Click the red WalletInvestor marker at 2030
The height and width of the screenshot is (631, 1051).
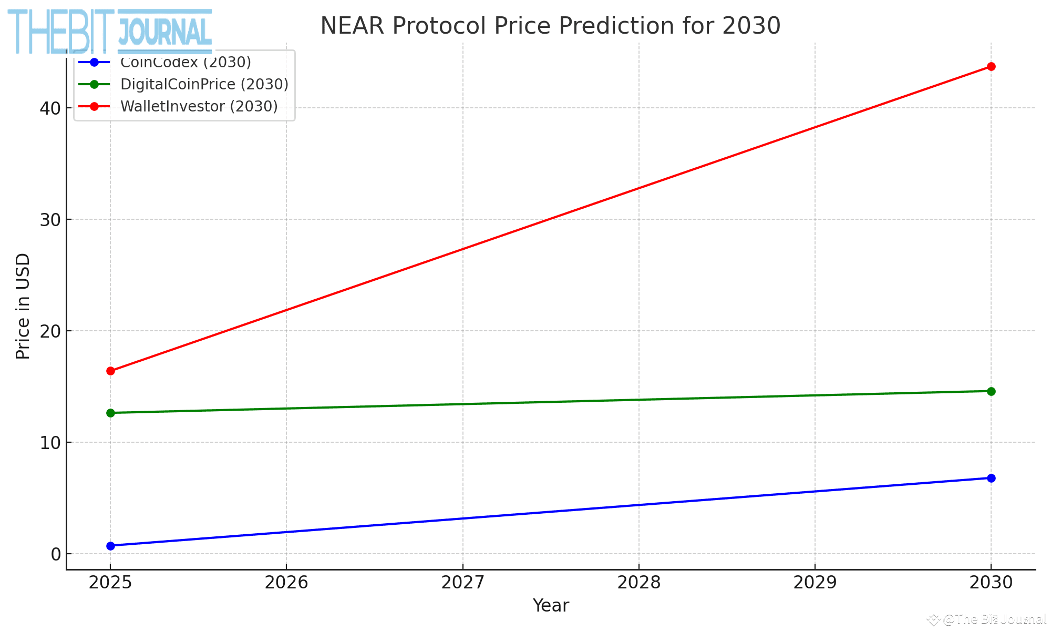pyautogui.click(x=991, y=66)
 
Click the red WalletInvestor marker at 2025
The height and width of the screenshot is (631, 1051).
pyautogui.click(x=110, y=371)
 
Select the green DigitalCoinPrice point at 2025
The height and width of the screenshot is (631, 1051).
pyautogui.click(x=110, y=413)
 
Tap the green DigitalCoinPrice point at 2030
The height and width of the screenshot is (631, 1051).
pyautogui.click(x=991, y=391)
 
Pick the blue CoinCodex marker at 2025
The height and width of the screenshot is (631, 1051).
pyautogui.click(x=110, y=546)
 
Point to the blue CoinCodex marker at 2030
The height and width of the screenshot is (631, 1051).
pyautogui.click(x=991, y=478)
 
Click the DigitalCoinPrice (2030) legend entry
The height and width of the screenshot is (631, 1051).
pyautogui.click(x=204, y=84)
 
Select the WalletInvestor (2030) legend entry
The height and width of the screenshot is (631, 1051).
pyautogui.click(x=199, y=106)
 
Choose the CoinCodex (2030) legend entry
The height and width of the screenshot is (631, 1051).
pyautogui.click(x=185, y=63)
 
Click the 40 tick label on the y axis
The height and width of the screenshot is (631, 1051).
pyautogui.click(x=50, y=108)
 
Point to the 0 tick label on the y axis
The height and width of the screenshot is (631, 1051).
pyautogui.click(x=56, y=554)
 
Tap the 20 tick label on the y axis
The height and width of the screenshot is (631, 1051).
pyautogui.click(x=50, y=331)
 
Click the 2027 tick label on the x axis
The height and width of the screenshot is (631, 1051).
pyautogui.click(x=462, y=583)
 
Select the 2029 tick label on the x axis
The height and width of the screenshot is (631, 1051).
pyautogui.click(x=815, y=583)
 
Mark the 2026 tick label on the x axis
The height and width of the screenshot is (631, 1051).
pyautogui.click(x=286, y=583)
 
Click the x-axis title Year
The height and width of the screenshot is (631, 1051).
pyautogui.click(x=550, y=606)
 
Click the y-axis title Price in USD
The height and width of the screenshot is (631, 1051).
pyautogui.click(x=23, y=307)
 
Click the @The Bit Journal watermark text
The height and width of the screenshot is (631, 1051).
pyautogui.click(x=993, y=619)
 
